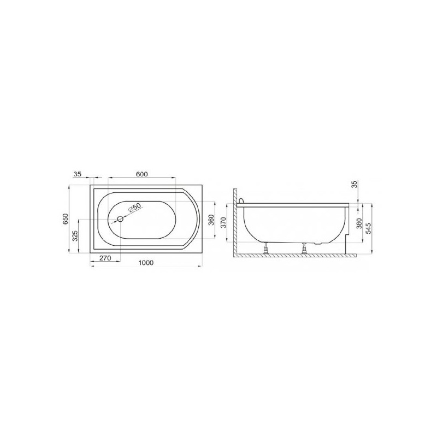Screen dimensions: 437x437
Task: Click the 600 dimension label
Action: pos(141,174)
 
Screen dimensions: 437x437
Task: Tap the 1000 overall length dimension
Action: pos(145,263)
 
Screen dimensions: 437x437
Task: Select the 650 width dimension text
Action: pos(65,218)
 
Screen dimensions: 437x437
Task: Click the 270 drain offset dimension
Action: pos(105,258)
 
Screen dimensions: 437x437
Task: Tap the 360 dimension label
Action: pos(211,221)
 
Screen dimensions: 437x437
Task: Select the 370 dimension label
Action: pos(222,223)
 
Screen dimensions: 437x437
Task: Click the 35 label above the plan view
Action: pos(77,174)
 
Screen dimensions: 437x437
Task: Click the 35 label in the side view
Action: pos(354,185)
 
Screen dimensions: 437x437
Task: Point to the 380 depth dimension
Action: pos(359,223)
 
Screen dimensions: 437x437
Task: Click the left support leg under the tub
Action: pos(266,249)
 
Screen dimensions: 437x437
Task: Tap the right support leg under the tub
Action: pos(305,249)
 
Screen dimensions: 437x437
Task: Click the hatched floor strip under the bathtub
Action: pos(295,255)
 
